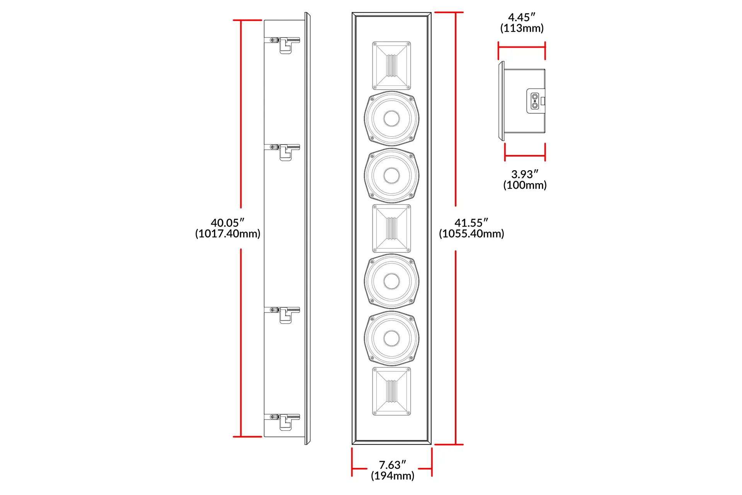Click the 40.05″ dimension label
coord(227,223)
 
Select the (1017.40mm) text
coord(228,234)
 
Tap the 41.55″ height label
coord(471,223)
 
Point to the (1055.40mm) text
coord(471,234)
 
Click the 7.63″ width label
coord(392,465)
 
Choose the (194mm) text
coord(393,476)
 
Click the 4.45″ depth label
coord(522,17)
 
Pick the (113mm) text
coord(522,28)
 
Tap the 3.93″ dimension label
coord(525,174)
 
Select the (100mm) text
coord(525,185)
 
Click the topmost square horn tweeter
coord(391,66)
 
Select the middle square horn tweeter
coord(391,229)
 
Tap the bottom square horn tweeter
coord(391,391)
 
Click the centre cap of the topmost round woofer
coord(391,118)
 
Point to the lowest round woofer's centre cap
coord(391,338)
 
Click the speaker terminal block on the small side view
coord(535,101)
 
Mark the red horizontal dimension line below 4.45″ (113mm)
coord(522,47)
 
